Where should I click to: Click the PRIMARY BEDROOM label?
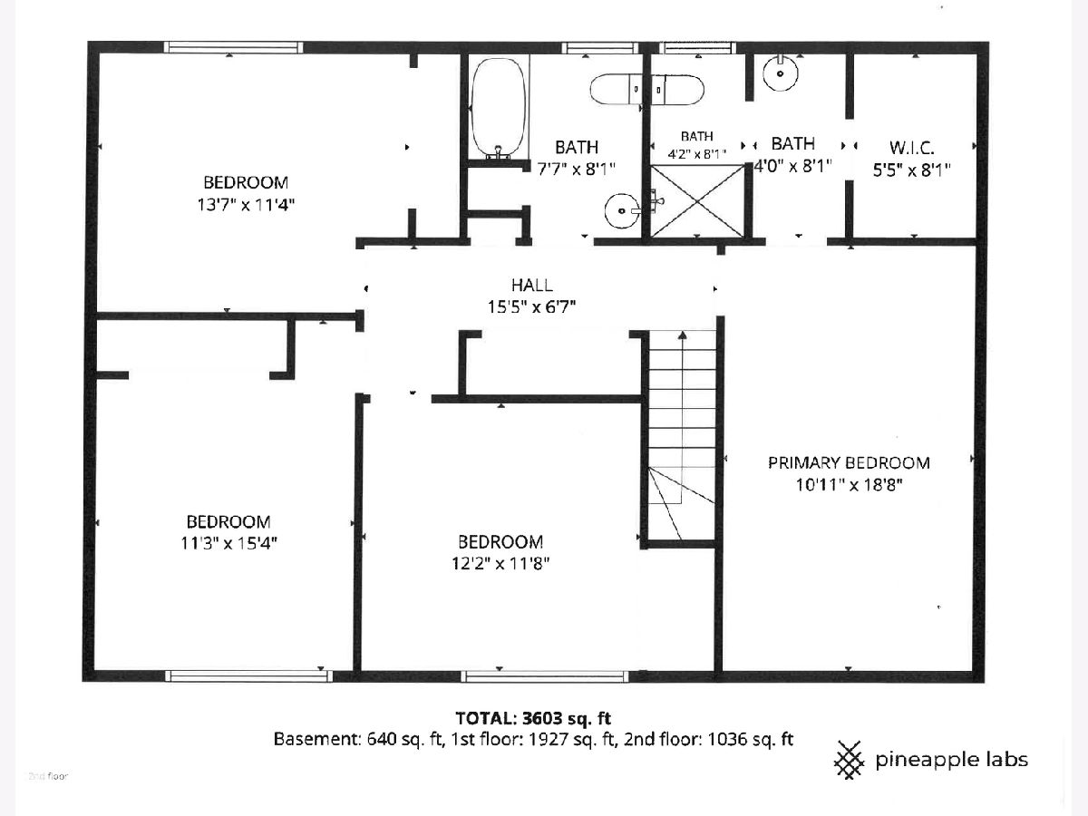click(849, 462)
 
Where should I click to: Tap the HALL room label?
click(532, 286)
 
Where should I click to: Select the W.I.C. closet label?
click(911, 148)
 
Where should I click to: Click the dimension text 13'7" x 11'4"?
click(246, 205)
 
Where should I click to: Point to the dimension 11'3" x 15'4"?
click(228, 543)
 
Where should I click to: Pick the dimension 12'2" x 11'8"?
click(500, 563)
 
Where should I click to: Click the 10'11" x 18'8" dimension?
click(849, 484)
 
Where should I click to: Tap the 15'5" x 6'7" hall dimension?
click(532, 307)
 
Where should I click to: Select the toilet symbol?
click(646, 90)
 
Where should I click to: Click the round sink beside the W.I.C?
click(781, 73)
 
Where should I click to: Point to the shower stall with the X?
click(697, 200)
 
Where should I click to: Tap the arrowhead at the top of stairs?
click(683, 335)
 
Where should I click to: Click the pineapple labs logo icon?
click(849, 760)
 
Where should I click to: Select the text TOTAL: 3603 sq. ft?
click(533, 718)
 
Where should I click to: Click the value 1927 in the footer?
click(547, 739)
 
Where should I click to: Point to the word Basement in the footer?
click(316, 739)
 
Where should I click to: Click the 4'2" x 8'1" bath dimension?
click(697, 154)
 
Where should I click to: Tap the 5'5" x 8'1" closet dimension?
click(911, 170)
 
